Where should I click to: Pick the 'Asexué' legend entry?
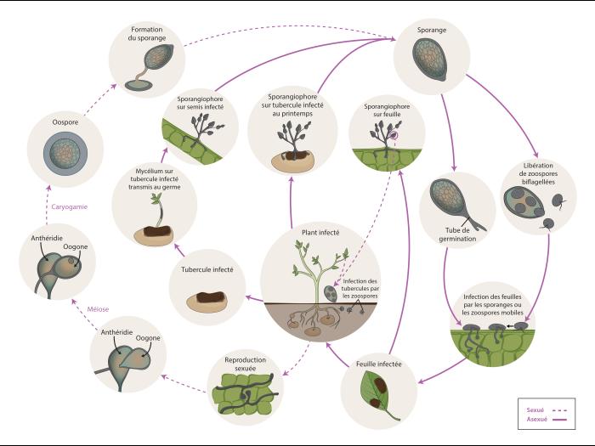pos(538,419)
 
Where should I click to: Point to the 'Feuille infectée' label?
pos(378,364)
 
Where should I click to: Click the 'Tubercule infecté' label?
pos(207,270)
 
